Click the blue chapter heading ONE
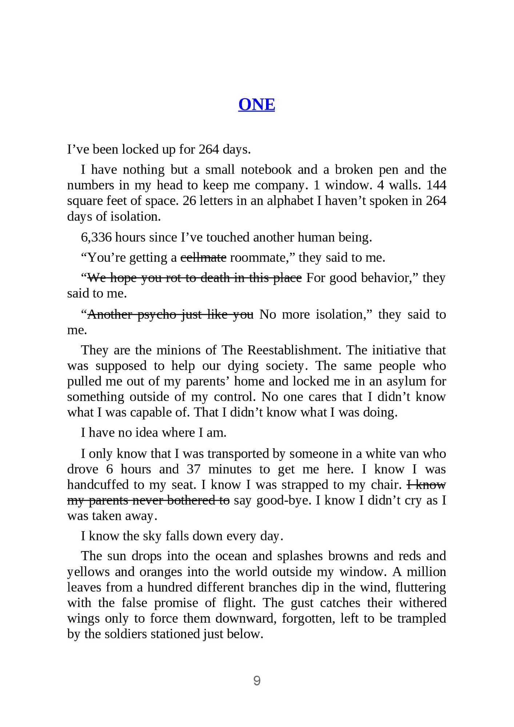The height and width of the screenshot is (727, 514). pos(256,105)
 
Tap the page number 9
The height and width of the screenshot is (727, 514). pos(257,680)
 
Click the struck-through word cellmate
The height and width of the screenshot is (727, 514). pos(203,258)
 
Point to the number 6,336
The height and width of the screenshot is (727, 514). pos(96,237)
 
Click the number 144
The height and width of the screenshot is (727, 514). pos(436,185)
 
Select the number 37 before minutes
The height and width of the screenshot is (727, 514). pos(193,469)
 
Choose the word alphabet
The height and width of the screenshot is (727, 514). pos(290,201)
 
